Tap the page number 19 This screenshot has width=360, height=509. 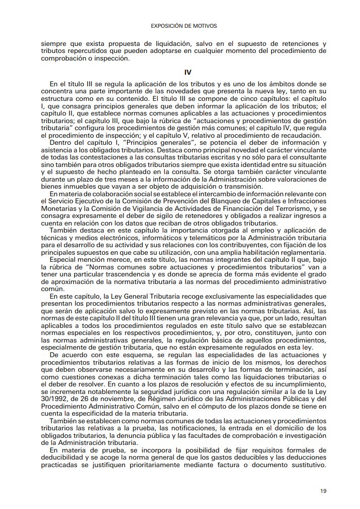pyautogui.click(x=323, y=490)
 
